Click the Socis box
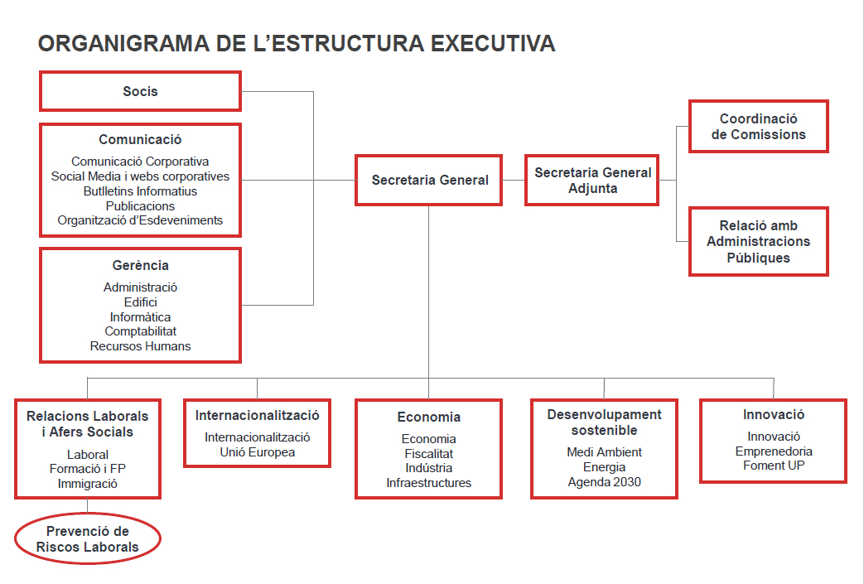coord(141,91)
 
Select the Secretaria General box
coord(429,180)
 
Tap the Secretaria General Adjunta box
coord(591,180)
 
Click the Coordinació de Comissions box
coord(759,126)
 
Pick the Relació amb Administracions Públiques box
coord(759,241)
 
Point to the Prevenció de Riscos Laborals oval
coord(88,538)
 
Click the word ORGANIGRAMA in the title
coord(124,44)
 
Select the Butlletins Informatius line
coord(141,191)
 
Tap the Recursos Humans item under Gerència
coord(141,346)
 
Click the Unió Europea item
coord(258,452)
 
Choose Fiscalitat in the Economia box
coord(429,453)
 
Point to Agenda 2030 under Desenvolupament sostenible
coord(605,482)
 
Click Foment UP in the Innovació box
coord(774,466)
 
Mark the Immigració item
coord(88,484)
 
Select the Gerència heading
coord(141,266)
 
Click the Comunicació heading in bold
coord(141,139)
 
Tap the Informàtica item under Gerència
coord(141,316)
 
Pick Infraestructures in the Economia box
coord(429,483)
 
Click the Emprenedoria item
coord(774,451)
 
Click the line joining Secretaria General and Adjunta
coord(514,180)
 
